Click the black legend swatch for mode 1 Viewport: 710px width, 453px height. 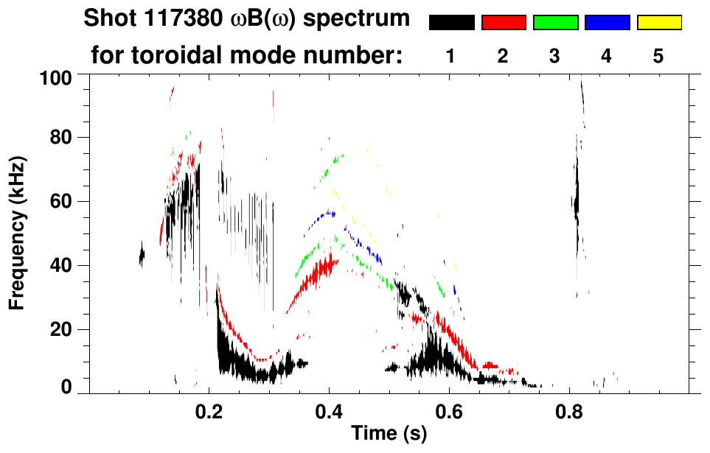[451, 23]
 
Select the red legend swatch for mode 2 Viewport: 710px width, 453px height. [504, 23]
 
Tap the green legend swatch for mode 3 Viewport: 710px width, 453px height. [555, 23]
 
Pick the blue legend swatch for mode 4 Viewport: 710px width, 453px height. [607, 23]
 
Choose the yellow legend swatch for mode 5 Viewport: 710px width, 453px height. [659, 23]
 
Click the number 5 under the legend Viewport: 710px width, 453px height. [658, 56]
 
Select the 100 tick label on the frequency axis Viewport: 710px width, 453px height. [55, 77]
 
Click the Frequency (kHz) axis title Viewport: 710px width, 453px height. [18, 232]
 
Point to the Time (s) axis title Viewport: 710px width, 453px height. [389, 435]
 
